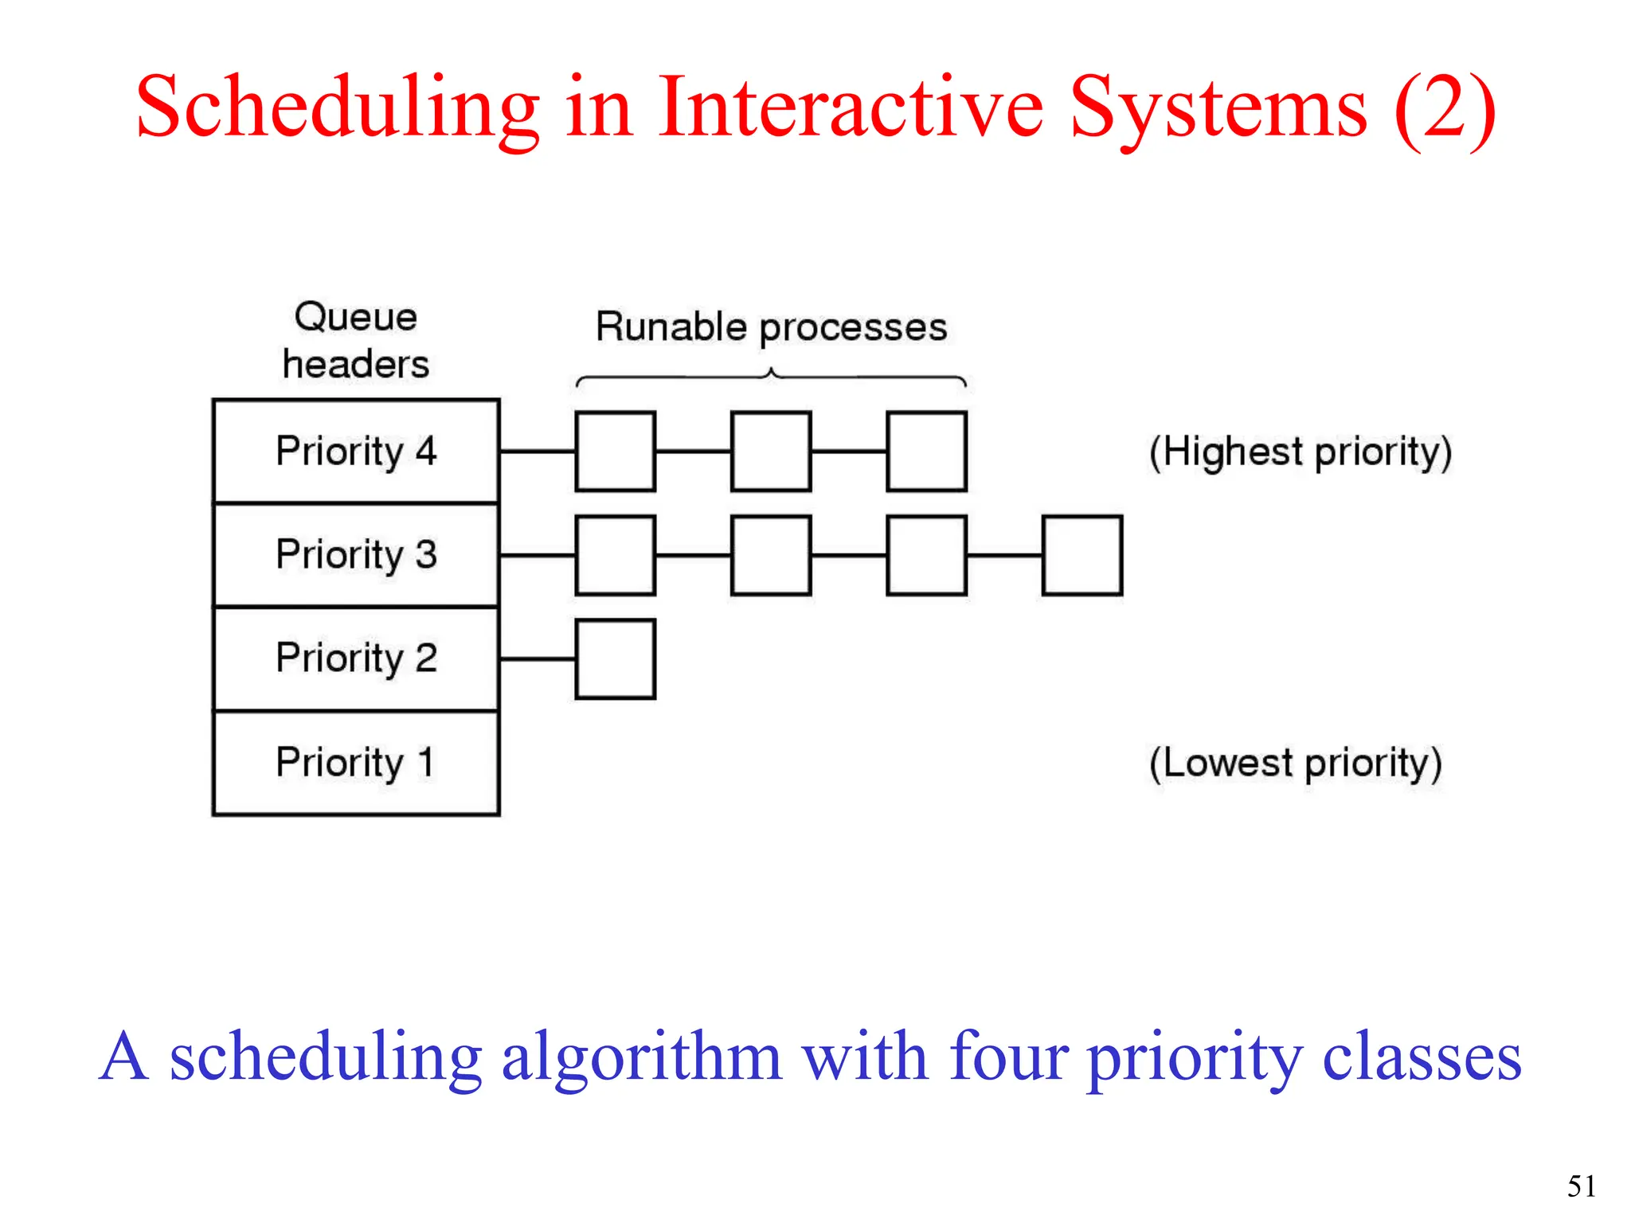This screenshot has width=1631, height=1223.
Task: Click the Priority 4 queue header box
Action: pyautogui.click(x=356, y=451)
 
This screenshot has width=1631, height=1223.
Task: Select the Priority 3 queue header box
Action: pyautogui.click(x=356, y=555)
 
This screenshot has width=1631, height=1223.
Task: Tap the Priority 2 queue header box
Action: pyautogui.click(x=356, y=658)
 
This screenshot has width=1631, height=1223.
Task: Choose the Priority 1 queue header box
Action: pyautogui.click(x=356, y=763)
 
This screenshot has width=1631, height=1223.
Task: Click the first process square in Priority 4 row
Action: pyautogui.click(x=615, y=451)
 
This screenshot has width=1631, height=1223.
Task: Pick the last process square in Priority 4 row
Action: pyautogui.click(x=926, y=451)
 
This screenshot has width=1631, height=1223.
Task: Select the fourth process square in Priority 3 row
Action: pyautogui.click(x=1082, y=555)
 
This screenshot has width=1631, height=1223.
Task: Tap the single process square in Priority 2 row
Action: pyautogui.click(x=615, y=659)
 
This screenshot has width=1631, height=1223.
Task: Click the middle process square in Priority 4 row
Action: pyautogui.click(x=771, y=451)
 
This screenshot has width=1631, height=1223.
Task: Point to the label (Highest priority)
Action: pyautogui.click(x=1300, y=452)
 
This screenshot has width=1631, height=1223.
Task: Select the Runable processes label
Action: pyautogui.click(x=771, y=327)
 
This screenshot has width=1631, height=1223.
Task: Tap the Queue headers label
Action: pyautogui.click(x=356, y=341)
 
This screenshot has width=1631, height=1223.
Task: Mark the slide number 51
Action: pyautogui.click(x=1582, y=1186)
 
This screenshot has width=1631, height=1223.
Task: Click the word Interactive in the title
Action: pyautogui.click(x=850, y=107)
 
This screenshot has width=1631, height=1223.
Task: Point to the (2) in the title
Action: pyautogui.click(x=1445, y=107)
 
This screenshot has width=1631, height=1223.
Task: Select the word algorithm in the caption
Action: pyautogui.click(x=641, y=1057)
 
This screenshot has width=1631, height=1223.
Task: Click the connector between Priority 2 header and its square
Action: pyautogui.click(x=538, y=659)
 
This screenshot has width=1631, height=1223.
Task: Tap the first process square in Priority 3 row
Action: pyautogui.click(x=615, y=555)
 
